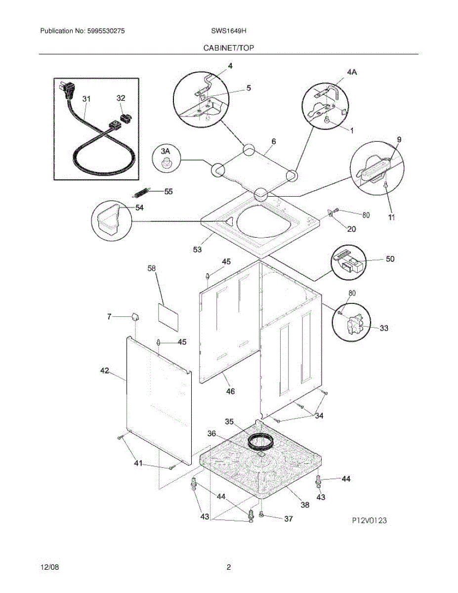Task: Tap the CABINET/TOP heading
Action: [229, 48]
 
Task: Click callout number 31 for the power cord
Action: [86, 99]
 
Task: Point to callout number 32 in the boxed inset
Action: [121, 98]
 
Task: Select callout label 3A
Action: [165, 150]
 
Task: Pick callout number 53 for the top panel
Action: [197, 250]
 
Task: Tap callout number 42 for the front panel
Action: [104, 371]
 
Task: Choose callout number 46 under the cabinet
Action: [230, 391]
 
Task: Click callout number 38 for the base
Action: [305, 505]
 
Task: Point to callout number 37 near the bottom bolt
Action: [288, 518]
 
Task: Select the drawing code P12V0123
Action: [369, 520]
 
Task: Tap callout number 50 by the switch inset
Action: [390, 259]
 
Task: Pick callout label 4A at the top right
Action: [351, 72]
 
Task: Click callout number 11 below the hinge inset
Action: [391, 217]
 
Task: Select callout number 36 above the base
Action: [211, 434]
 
